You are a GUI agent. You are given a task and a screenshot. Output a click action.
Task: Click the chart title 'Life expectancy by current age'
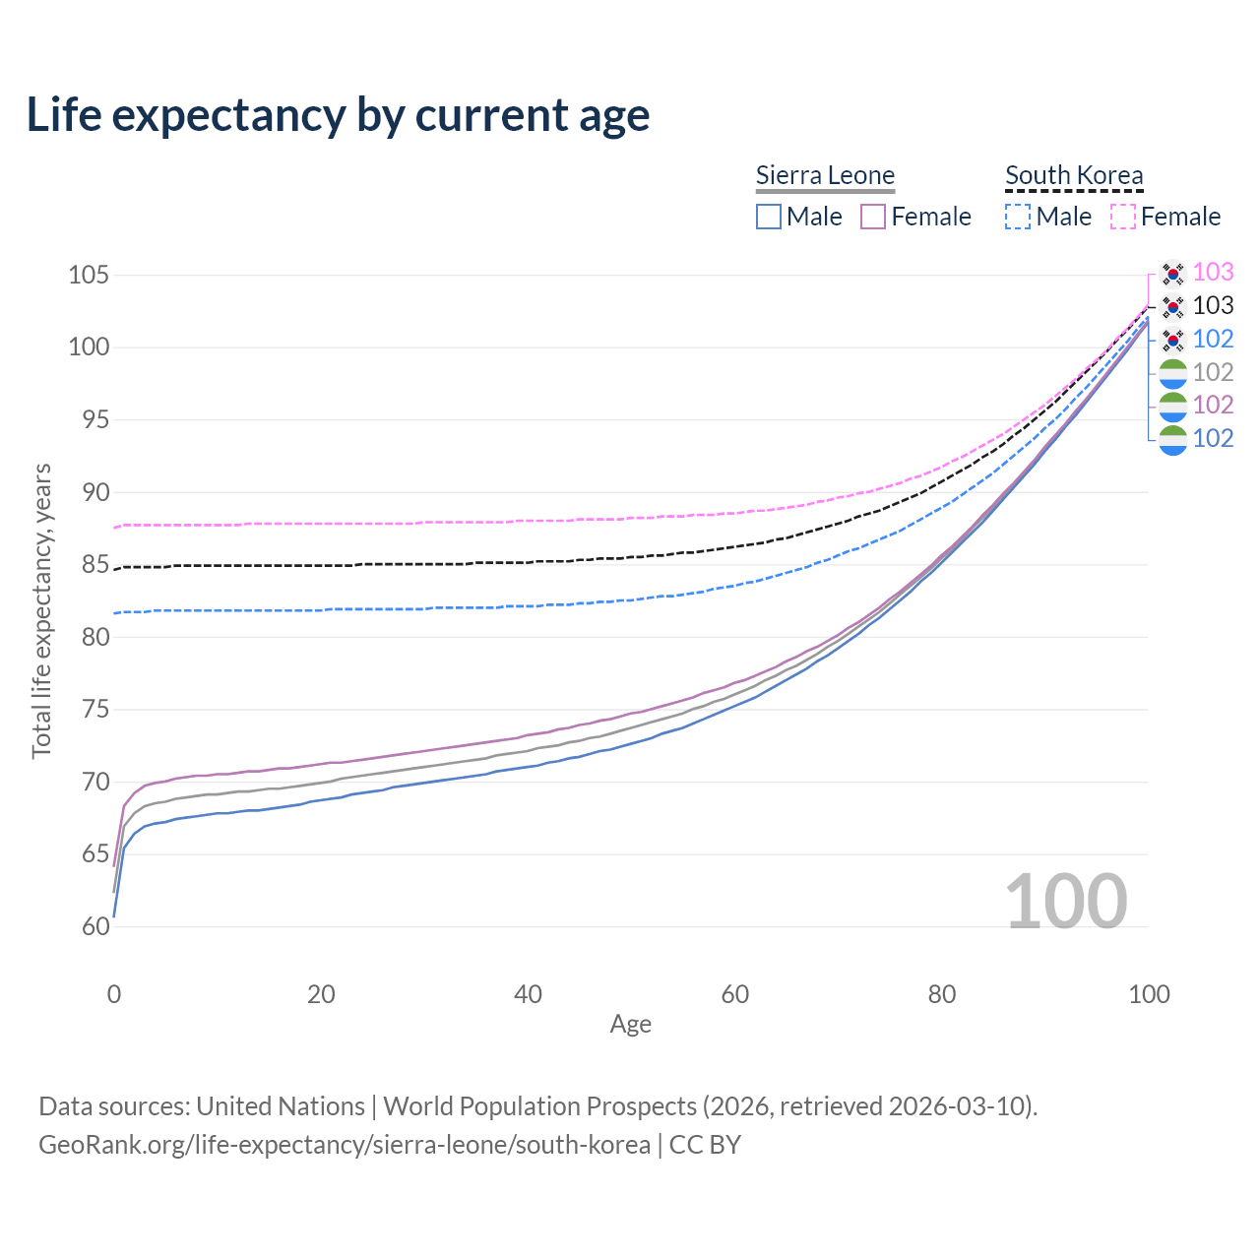pos(338,115)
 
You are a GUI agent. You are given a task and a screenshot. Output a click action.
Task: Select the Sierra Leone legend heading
pos(825,175)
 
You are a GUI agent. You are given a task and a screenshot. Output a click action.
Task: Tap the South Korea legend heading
pos(1074,175)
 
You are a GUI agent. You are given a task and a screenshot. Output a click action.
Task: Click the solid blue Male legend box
pos(769,217)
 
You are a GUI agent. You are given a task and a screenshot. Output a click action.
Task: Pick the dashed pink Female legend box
pos(1123,217)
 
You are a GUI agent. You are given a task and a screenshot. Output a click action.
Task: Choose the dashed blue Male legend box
pos(1018,217)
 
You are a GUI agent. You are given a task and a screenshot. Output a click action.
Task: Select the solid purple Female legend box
pos(874,217)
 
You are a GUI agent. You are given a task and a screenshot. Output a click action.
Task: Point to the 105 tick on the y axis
pos(88,275)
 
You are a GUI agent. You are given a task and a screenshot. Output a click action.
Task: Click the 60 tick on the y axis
pos(94,926)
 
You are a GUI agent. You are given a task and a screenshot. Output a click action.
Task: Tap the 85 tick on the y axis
pos(94,565)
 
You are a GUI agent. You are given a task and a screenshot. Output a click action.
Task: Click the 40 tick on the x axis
pos(528,994)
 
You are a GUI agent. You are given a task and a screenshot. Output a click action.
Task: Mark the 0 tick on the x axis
pos(114,994)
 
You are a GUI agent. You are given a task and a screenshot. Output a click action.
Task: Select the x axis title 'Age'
pos(630,1025)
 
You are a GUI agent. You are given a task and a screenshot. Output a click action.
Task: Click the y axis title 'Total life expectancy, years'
pos(41,611)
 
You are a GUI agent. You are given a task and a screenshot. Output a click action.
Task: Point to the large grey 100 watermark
pos(1066,902)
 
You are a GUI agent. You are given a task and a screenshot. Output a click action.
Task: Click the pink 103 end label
pos(1213,273)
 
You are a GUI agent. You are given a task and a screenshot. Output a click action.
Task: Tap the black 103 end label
pos(1213,306)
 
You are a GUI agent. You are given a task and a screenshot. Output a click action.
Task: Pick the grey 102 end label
pos(1213,372)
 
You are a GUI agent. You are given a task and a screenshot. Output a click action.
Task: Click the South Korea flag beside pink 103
pos(1172,273)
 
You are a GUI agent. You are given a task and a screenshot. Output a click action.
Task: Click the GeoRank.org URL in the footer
pos(345,1145)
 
